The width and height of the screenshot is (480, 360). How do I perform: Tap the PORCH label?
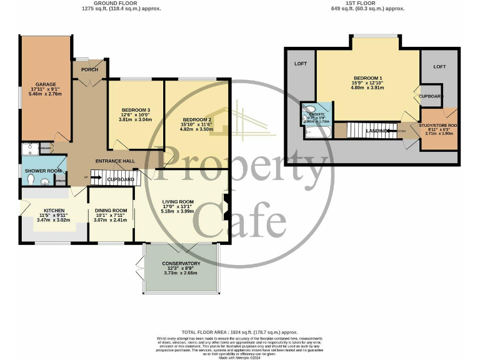(x=89, y=69)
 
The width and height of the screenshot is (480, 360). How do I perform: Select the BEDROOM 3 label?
(x=135, y=107)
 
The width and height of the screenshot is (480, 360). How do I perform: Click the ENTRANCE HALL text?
(x=115, y=161)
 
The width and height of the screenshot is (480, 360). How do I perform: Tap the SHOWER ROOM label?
(x=42, y=171)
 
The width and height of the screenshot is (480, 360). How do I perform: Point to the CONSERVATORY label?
(x=180, y=263)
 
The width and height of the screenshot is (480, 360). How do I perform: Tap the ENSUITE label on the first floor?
(x=317, y=114)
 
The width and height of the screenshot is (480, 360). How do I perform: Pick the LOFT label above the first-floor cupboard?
(x=440, y=66)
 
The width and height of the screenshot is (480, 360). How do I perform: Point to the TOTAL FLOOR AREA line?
(x=240, y=332)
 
